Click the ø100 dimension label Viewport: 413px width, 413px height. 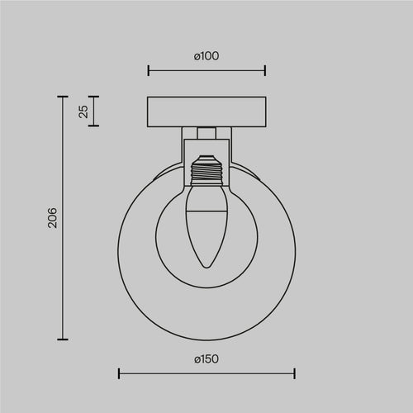pos(206,55)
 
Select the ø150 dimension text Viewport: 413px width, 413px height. pos(206,359)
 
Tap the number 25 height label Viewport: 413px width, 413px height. pos(83,112)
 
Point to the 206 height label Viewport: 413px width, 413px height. pos(52,218)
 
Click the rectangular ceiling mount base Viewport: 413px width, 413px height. pos(206,112)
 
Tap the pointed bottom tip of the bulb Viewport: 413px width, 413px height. pos(206,267)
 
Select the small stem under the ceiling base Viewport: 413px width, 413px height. pos(206,132)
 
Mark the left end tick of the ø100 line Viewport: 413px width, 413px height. pos(148,70)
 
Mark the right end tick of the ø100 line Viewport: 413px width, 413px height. pos(265,70)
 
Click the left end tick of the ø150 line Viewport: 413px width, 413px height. pos(118,374)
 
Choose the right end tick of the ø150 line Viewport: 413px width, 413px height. pos(295,374)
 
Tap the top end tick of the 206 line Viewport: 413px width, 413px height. pos(62,97)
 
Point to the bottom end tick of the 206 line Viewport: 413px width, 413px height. pos(62,339)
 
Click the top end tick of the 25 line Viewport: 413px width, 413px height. pos(94,97)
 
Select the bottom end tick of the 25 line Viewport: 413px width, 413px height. pos(94,126)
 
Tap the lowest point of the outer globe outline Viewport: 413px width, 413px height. pos(206,339)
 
